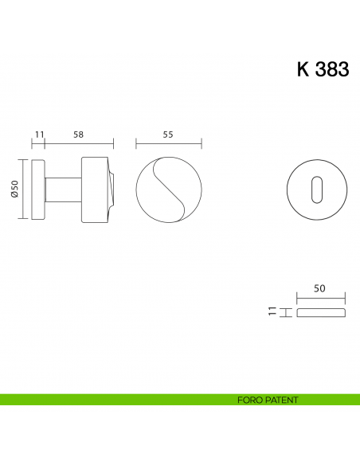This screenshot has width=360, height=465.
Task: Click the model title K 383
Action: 323,69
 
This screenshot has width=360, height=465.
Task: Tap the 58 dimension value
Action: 78,135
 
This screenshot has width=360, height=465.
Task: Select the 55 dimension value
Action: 168,135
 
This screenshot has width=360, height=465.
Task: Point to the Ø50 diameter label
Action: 15,188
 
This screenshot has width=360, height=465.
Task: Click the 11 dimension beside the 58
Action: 39,135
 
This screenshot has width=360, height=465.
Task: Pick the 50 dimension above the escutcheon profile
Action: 320,291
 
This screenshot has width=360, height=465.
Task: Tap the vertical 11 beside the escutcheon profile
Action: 272,311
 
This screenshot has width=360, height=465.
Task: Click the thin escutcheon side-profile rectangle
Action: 320,312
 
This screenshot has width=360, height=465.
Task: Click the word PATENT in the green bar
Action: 282,400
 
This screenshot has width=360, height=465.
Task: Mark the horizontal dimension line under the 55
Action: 169,144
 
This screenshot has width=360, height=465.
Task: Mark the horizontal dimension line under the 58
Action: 79,144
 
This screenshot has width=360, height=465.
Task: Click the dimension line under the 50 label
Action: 320,300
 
